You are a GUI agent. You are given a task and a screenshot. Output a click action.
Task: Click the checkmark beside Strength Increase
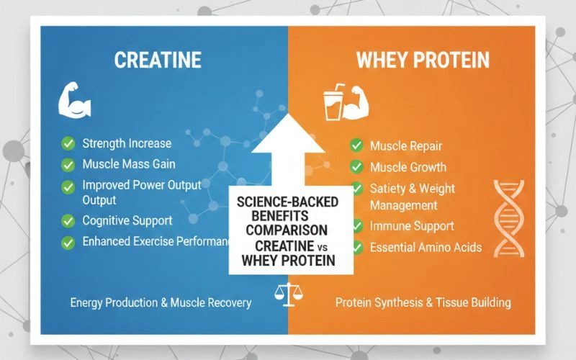pyautogui.click(x=68, y=143)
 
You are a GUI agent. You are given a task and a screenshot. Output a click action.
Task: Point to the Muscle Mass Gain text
pyautogui.click(x=128, y=164)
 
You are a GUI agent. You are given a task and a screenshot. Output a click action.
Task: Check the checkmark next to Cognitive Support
pyautogui.click(x=68, y=220)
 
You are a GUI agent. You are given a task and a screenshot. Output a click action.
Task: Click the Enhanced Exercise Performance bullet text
pyautogui.click(x=155, y=242)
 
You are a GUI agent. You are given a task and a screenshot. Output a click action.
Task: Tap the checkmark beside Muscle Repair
pyautogui.click(x=356, y=145)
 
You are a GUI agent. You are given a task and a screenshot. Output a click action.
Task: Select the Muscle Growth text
pyautogui.click(x=408, y=167)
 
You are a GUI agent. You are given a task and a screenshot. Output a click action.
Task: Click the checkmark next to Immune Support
pyautogui.click(x=356, y=227)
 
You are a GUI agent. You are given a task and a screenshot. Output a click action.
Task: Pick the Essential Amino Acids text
pyautogui.click(x=426, y=248)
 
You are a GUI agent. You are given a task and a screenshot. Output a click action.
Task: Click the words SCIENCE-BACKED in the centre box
pyautogui.click(x=287, y=202)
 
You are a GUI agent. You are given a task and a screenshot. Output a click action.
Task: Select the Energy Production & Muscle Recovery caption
pyautogui.click(x=161, y=302)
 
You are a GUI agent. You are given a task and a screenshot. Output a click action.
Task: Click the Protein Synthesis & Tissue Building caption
pyautogui.click(x=423, y=302)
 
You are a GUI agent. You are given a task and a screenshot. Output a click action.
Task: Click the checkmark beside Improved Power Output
pyautogui.click(x=68, y=186)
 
